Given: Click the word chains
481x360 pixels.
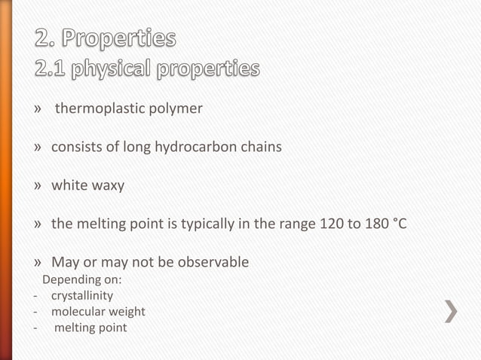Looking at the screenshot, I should point(262,147).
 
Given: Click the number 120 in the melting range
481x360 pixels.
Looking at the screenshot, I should point(331,224).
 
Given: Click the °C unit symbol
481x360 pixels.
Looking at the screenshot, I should point(400,224).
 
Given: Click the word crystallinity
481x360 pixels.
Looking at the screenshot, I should point(82,296).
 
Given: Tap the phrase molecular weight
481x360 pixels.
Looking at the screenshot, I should point(98,312).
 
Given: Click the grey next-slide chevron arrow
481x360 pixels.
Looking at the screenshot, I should point(450,311).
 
